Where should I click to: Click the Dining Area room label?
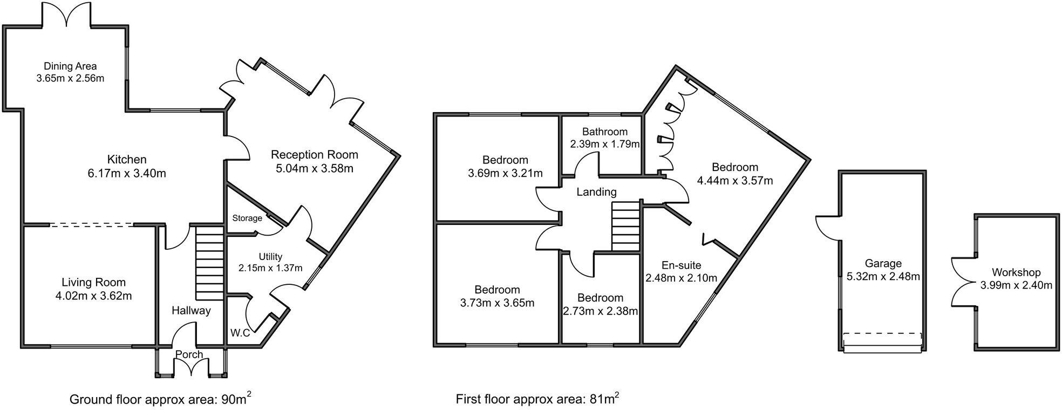click(x=70, y=66)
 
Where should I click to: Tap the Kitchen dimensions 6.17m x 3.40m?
click(x=127, y=174)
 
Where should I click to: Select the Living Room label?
click(x=93, y=282)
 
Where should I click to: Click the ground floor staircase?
click(x=209, y=264)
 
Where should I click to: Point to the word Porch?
click(x=189, y=354)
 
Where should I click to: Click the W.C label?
click(x=240, y=333)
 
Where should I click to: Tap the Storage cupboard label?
click(x=247, y=218)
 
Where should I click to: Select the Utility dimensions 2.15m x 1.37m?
click(x=270, y=268)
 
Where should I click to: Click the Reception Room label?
click(x=315, y=155)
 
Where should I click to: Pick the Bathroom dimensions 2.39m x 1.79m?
click(x=605, y=145)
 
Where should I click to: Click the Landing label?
click(x=596, y=192)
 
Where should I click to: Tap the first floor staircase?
click(x=625, y=227)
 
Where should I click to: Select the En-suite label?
click(x=682, y=265)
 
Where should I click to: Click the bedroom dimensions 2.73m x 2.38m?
click(x=600, y=311)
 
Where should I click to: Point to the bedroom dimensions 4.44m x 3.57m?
click(x=735, y=181)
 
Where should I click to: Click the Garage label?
click(x=883, y=263)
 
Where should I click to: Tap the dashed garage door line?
click(x=882, y=333)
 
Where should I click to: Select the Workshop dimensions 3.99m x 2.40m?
click(x=1016, y=285)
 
